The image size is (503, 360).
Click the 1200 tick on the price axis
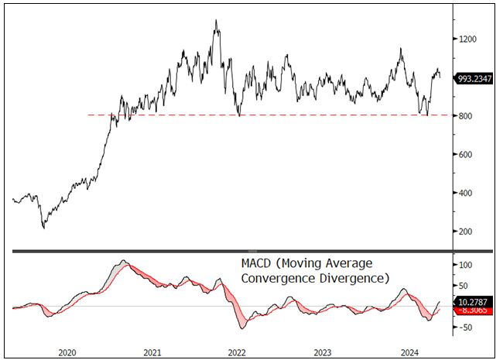coord(467,39)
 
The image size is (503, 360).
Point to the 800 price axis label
coord(464,116)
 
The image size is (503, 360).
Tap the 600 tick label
coord(464,154)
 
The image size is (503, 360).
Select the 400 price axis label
coord(464,193)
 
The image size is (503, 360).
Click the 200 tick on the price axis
coord(464,231)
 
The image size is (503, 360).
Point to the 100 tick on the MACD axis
coord(464,266)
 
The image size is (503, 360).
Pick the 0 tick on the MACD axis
coord(461,307)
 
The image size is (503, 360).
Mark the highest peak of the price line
coord(216,20)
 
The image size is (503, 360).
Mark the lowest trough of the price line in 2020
coord(43,228)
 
